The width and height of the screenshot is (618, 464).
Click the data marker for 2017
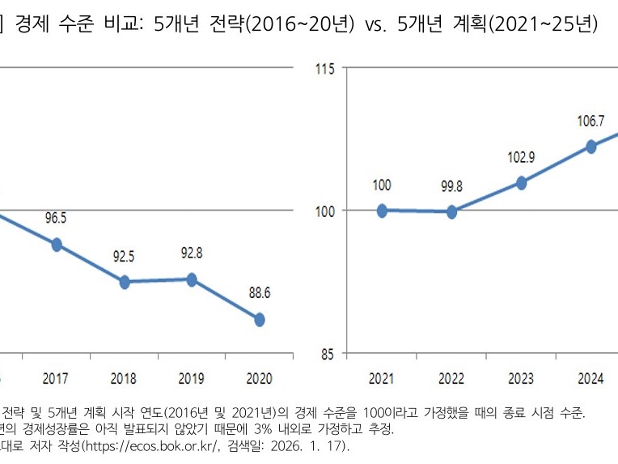pyautogui.click(x=57, y=245)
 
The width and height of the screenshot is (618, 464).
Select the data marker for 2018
pyautogui.click(x=125, y=282)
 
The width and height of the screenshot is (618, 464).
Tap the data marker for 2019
pyautogui.click(x=192, y=279)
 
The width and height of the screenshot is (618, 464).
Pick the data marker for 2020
pyautogui.click(x=260, y=320)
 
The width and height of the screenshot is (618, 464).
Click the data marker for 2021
pyautogui.click(x=382, y=211)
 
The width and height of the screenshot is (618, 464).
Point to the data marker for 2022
pyautogui.click(x=451, y=212)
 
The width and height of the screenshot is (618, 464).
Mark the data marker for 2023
pyautogui.click(x=522, y=183)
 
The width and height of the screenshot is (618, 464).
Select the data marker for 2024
pyautogui.click(x=591, y=147)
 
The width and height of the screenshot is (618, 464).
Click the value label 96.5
pyautogui.click(x=57, y=218)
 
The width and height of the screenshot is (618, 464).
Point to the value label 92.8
pyautogui.click(x=192, y=253)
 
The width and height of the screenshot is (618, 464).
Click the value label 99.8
pyautogui.click(x=451, y=186)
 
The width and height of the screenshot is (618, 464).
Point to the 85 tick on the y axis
pyautogui.click(x=328, y=353)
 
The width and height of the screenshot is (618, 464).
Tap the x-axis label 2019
pyautogui.click(x=192, y=378)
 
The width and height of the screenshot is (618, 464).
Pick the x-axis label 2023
pyautogui.click(x=522, y=378)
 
